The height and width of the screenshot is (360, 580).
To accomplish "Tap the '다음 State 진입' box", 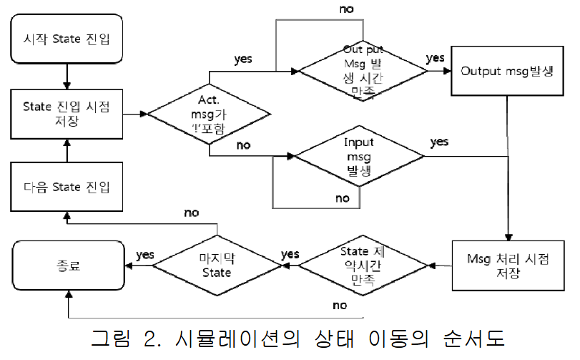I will coord(66,188).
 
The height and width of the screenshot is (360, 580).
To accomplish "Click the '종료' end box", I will coord(66,265).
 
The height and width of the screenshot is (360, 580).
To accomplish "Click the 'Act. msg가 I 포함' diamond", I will coord(209,113).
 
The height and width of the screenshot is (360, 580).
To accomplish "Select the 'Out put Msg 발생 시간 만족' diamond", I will coord(363,71).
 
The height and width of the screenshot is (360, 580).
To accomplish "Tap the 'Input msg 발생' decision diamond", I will coord(359,155).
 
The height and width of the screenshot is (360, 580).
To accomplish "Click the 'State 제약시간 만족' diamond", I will coord(363,265).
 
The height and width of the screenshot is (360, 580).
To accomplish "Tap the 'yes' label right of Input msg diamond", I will coord(439,142).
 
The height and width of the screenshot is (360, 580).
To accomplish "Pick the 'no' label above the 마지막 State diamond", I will coord(191,213).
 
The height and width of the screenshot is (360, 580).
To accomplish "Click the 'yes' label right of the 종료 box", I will coord(145,254).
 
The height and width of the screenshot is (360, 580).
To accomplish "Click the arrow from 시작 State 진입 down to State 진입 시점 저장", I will coord(66,75).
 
